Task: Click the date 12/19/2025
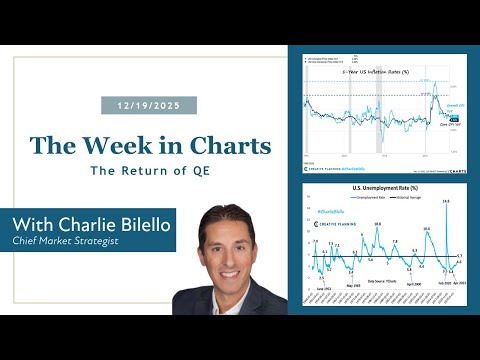149,105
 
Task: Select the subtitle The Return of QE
150,171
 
